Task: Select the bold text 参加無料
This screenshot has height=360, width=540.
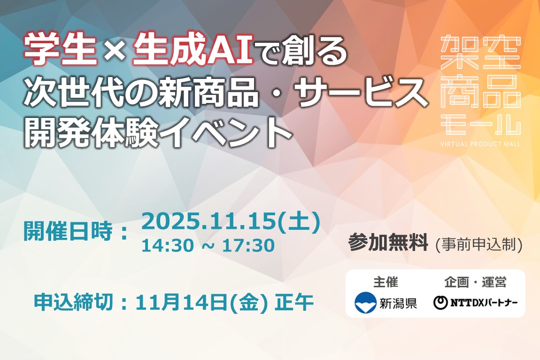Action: [x=388, y=243]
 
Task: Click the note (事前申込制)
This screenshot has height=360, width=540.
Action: [x=478, y=244]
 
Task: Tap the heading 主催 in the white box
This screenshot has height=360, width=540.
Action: [x=386, y=282]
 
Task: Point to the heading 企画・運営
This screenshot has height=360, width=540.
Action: [x=475, y=282]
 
